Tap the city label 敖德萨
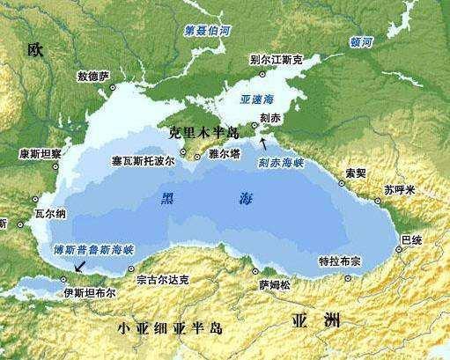(93, 77)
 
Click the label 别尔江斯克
(277, 60)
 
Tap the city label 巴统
(410, 239)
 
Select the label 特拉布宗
(339, 261)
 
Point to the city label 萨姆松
(274, 283)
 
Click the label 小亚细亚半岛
(171, 328)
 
